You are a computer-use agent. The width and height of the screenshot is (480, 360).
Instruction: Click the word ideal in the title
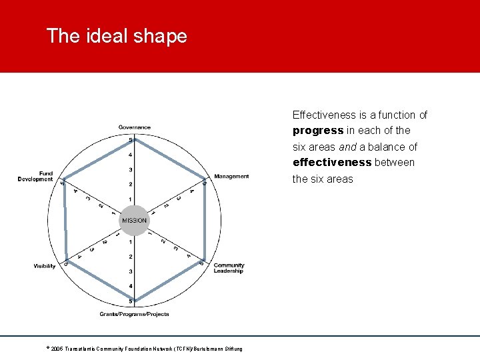104,36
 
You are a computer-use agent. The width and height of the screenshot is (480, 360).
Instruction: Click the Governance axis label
135,127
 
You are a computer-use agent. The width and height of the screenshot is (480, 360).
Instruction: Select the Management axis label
231,177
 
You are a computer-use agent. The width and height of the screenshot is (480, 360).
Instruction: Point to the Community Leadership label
229,268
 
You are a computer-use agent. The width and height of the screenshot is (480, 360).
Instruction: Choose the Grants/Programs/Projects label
135,314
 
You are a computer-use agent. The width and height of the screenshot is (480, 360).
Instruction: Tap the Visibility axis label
45,266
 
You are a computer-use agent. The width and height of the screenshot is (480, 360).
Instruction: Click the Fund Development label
35,177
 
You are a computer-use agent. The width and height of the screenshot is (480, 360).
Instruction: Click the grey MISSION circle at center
134,221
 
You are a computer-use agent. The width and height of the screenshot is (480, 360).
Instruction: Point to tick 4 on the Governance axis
130,155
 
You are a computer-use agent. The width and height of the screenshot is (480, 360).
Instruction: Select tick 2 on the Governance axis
130,185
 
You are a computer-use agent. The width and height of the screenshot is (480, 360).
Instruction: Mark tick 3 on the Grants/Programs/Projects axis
130,271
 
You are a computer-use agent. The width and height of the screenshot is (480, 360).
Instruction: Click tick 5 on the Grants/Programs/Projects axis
130,301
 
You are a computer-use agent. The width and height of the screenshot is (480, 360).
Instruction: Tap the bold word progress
318,131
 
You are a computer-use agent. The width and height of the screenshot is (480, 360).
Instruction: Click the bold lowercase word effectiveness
332,163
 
